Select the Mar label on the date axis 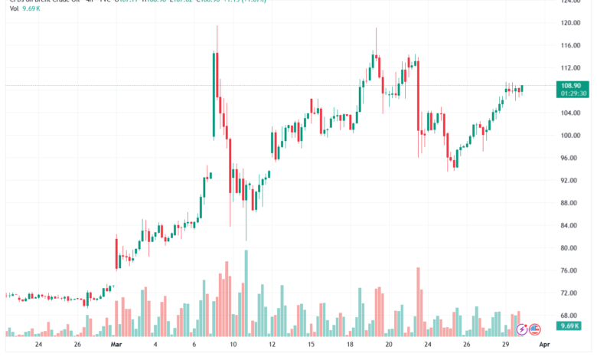pos(116,345)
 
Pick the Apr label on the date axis pos(544,345)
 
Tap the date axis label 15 pos(312,345)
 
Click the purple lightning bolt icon pos(522,329)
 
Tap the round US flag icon pos(535,329)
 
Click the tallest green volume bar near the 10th pos(246,293)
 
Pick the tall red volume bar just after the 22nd pos(419,302)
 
